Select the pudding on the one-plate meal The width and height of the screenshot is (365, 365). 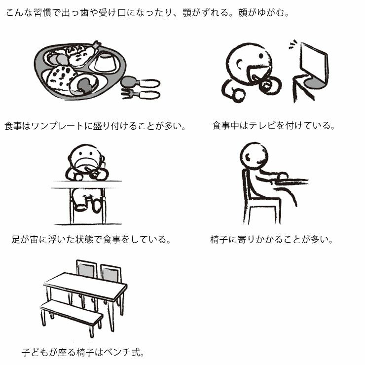pos(105,63)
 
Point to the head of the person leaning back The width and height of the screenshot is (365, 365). pos(254,155)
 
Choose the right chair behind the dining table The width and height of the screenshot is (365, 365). pos(110,274)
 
